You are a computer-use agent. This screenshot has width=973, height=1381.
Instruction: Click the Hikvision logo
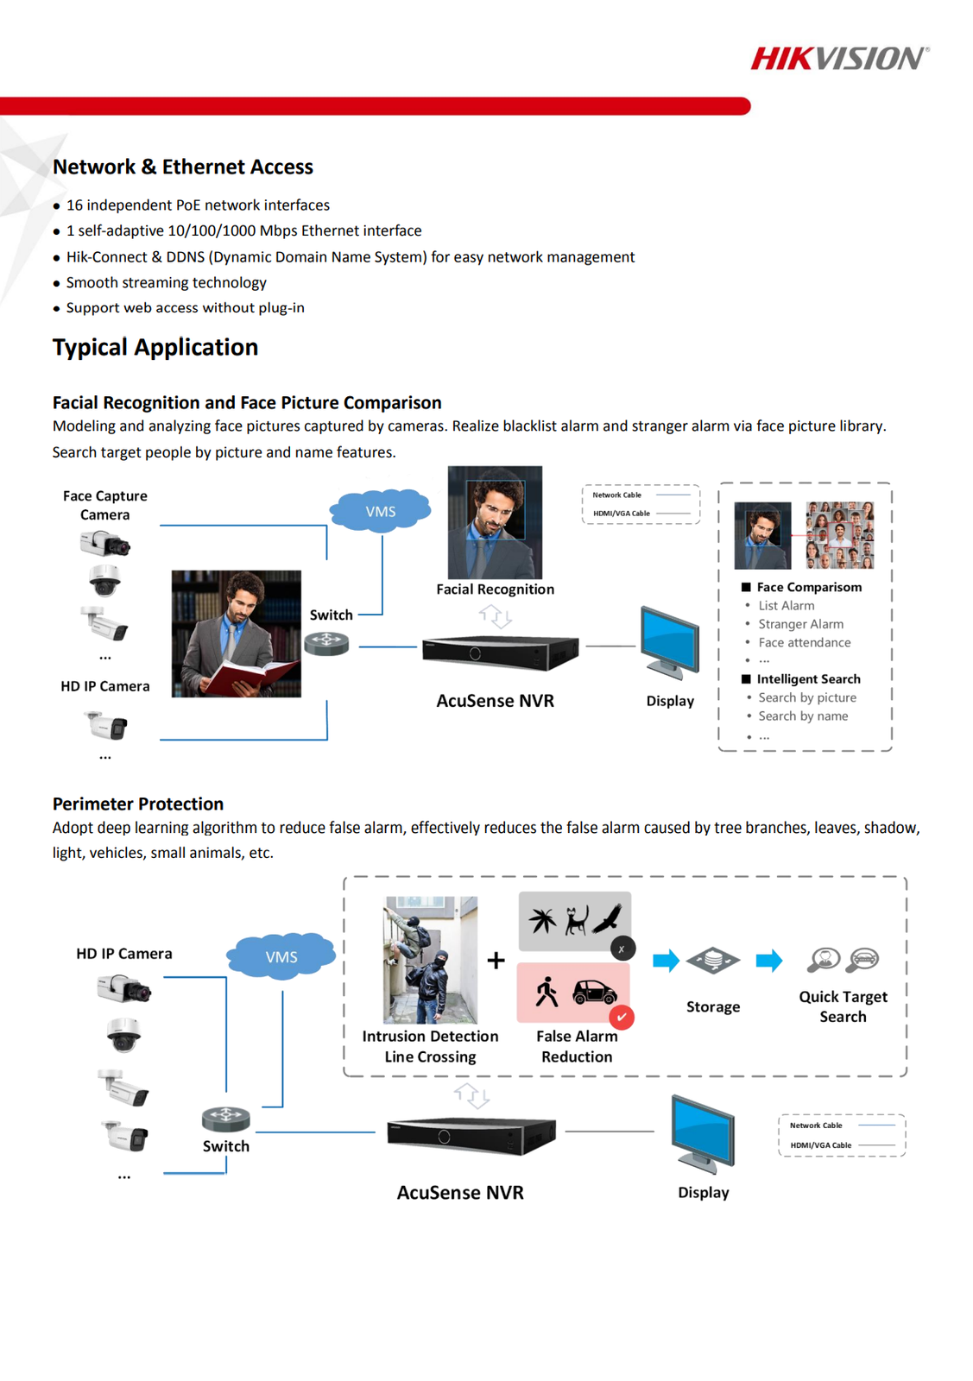839,59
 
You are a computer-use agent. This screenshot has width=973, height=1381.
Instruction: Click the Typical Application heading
155,347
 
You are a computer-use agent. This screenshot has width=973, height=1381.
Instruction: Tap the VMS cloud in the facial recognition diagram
380,511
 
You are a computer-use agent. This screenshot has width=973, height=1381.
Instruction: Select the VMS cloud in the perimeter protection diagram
281,956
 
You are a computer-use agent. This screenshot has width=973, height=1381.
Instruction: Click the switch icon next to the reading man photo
326,643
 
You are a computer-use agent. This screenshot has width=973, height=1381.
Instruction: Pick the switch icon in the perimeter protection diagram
225,1119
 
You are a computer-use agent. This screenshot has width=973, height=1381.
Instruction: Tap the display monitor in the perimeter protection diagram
704,1133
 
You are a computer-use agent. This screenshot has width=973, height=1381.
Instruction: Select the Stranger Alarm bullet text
800,624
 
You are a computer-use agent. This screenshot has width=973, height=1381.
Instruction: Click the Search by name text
803,716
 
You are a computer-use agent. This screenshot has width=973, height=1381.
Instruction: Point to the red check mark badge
622,1018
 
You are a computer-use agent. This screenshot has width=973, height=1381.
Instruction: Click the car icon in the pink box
595,992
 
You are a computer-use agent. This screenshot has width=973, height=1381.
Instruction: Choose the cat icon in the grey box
576,920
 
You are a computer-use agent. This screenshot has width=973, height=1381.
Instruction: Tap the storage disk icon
713,960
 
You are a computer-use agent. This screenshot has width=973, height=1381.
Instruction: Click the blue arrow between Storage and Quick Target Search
768,961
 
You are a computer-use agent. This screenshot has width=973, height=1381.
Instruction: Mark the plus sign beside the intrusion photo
496,960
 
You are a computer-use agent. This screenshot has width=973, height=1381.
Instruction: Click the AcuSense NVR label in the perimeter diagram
460,1193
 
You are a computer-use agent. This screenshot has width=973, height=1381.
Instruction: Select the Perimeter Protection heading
138,804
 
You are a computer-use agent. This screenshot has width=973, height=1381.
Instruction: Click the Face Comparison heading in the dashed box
809,587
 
